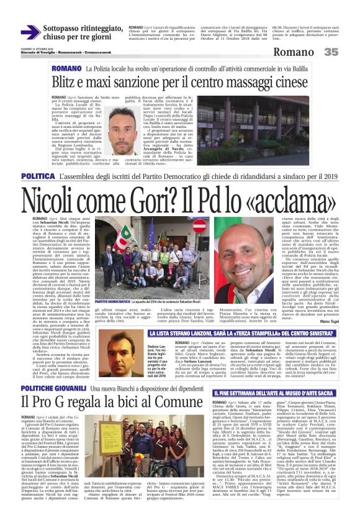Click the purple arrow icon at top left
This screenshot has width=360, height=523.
pyautogui.click(x=29, y=32)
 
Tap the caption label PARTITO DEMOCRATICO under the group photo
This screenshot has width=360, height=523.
pyautogui.click(x=113, y=300)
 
